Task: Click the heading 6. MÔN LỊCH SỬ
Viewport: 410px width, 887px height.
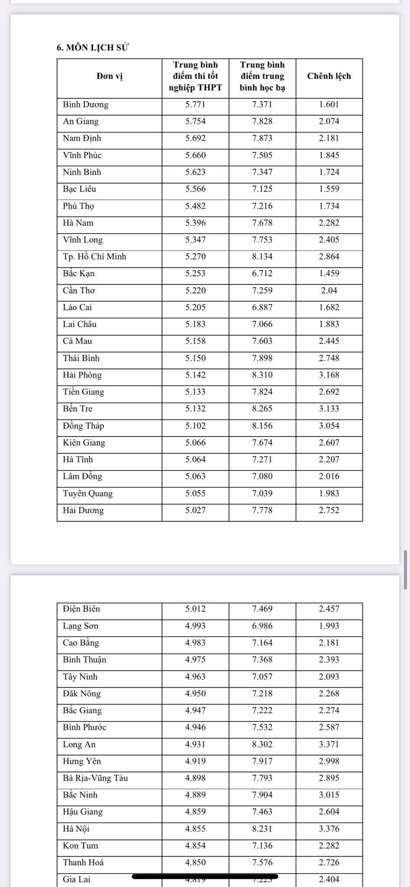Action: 93,48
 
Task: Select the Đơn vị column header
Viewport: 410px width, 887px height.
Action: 110,76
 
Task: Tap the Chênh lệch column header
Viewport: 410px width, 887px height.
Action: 329,76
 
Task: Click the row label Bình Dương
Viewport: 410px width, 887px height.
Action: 85,104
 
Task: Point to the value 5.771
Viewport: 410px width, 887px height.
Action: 195,104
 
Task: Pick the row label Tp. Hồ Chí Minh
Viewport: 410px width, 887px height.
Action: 94,256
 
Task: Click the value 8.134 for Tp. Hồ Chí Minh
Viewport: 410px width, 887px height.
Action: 262,256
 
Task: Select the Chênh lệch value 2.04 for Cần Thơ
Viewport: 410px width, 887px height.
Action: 329,290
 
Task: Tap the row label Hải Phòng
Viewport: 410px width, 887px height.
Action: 82,375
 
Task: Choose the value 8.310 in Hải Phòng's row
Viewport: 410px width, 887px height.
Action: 262,375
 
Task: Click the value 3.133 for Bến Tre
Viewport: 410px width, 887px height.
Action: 329,409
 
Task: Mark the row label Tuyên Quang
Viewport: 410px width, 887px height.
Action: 88,493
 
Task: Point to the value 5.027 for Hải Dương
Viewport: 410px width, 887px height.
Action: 195,510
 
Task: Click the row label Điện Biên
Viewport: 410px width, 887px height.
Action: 81,609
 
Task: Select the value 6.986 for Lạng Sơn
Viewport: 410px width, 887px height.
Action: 262,626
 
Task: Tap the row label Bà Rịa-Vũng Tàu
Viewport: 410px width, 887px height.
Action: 95,778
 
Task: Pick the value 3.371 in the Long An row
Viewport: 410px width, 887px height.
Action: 329,744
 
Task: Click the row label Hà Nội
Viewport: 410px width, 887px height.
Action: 76,829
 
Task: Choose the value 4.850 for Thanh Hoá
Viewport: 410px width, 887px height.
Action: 195,862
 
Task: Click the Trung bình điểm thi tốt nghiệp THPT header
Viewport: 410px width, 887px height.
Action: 195,76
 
